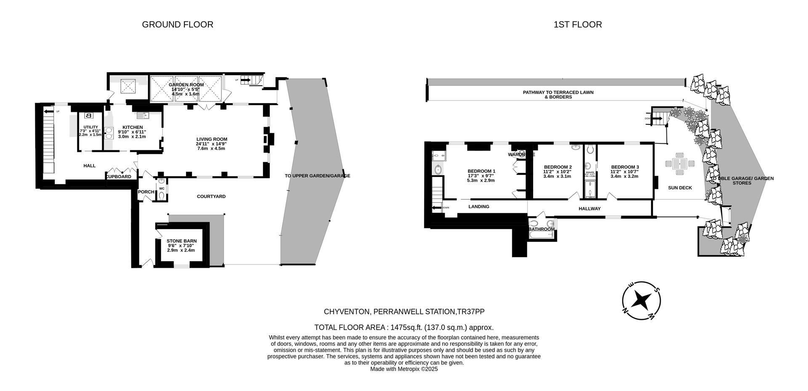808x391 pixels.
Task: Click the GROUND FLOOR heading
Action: coord(177,24)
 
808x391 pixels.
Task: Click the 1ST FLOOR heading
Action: coord(577,24)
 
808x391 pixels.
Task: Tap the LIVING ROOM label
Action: coord(212,139)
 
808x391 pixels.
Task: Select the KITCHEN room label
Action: coord(133,127)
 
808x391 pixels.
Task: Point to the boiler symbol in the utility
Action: coord(88,116)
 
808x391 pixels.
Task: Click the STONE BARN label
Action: coord(181,241)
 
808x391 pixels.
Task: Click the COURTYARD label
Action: coord(211,196)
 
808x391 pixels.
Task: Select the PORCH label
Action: coord(146,192)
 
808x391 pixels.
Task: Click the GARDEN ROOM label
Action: coord(186,85)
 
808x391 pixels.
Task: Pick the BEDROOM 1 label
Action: coord(481,171)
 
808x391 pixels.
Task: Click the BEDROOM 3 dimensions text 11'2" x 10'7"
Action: coord(625,172)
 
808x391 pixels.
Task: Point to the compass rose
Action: coord(641,300)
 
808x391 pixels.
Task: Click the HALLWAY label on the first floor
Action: coord(589,209)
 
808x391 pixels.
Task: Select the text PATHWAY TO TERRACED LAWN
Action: coord(558,92)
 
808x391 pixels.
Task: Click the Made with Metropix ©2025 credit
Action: coord(404,369)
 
